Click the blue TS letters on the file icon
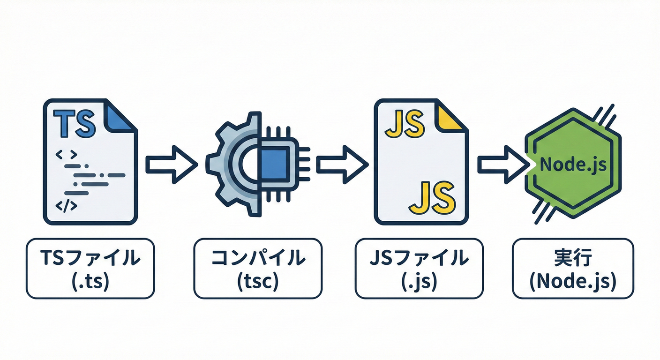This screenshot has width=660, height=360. pos(75,123)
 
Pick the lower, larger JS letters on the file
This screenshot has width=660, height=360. pos(432,197)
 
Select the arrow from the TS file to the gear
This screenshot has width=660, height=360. pos(171,164)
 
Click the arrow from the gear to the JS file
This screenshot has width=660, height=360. pos(342,164)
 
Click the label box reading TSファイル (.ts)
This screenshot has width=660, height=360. pos(90,268)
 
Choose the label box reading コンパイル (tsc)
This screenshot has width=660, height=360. pos(258,268)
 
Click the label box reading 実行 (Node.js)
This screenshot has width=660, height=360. pos(573,268)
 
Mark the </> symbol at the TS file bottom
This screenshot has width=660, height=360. pos(66,205)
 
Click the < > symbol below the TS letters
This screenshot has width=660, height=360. pos(66,153)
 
